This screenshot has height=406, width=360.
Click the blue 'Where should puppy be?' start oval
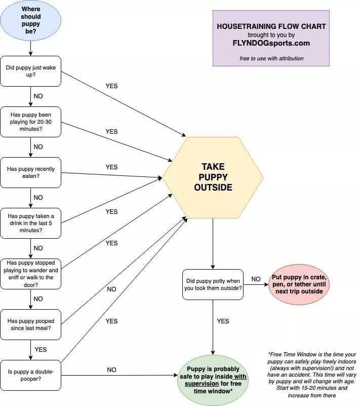31,20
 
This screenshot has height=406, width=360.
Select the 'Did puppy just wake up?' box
31,71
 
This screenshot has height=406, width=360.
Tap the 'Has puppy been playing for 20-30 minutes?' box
31,122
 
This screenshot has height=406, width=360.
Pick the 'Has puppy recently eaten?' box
31,172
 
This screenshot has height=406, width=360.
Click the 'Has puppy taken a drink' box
31,223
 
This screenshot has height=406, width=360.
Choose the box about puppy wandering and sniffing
31,274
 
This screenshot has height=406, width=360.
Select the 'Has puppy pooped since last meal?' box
31,324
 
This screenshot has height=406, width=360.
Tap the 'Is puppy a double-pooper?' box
31,375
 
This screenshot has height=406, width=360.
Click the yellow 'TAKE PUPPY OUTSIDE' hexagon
213,177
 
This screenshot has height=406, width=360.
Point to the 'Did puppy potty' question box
213,284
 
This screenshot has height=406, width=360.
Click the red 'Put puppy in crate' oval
299,284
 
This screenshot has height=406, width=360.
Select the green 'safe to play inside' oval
213,380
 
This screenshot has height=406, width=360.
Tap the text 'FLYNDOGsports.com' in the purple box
271,43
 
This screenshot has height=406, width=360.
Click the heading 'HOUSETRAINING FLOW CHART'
271,26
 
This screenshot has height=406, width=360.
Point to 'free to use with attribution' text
271,58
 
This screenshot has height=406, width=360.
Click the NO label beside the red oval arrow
256,279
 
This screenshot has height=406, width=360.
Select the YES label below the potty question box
223,321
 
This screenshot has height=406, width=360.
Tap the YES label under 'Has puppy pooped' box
41,349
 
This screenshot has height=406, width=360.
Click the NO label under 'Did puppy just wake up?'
38,96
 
